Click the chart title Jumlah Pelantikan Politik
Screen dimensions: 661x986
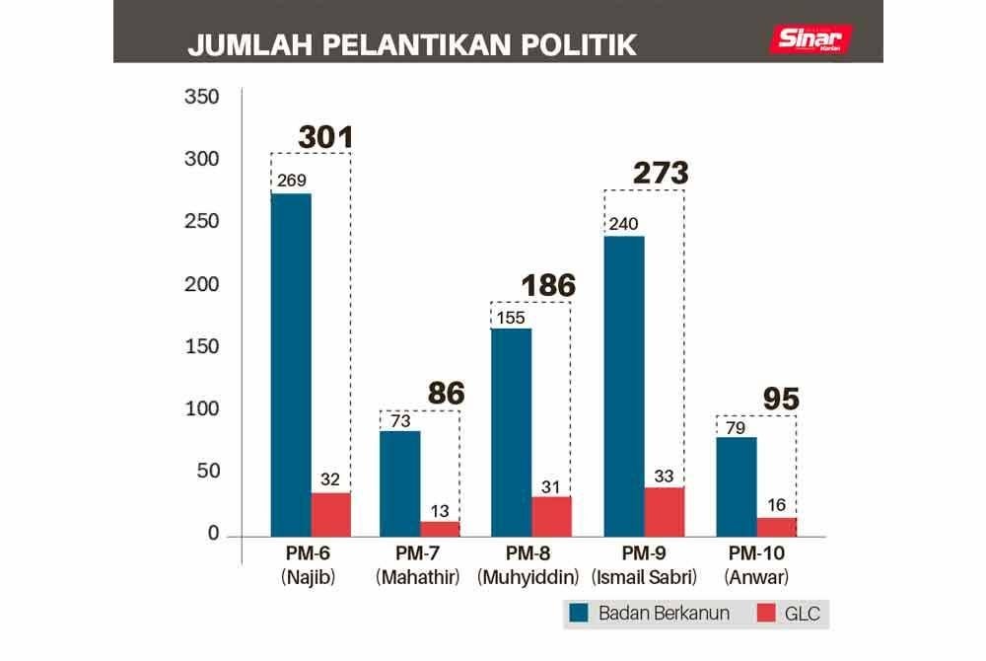(412, 45)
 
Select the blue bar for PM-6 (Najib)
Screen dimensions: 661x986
(291, 365)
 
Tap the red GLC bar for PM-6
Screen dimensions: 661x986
(331, 514)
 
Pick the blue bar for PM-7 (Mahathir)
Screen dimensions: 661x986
(400, 483)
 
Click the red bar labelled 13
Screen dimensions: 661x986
(441, 528)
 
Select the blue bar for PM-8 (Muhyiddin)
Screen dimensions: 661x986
(511, 432)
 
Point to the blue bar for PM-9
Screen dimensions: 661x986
(623, 386)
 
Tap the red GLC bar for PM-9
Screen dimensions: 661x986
(664, 512)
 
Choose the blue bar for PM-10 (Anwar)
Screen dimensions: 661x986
(736, 486)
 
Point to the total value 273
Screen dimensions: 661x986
(660, 174)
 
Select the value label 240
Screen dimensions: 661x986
(622, 223)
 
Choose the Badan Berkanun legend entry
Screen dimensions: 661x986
(652, 613)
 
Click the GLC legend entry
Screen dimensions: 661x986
(790, 613)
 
